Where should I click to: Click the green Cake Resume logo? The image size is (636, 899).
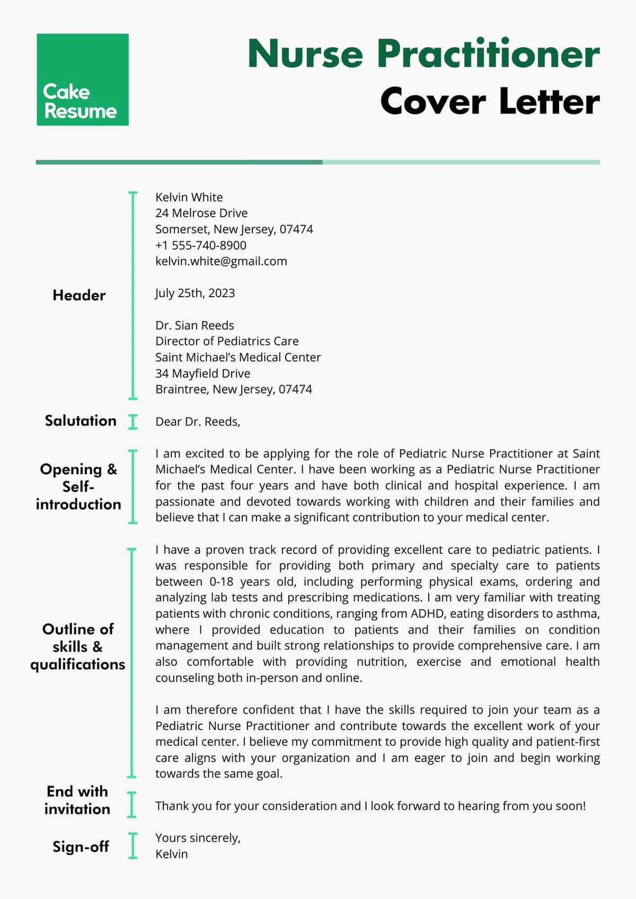pos(83,79)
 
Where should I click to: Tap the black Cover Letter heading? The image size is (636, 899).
pos(490,102)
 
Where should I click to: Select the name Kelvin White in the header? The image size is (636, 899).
pos(189,197)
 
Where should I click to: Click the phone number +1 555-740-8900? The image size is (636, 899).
pos(200,245)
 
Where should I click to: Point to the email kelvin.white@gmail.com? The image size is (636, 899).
pos(221,261)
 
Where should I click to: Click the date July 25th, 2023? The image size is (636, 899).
pos(195,293)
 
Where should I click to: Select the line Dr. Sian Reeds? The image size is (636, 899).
pos(195,325)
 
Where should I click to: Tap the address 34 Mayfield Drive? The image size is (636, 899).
pos(202,373)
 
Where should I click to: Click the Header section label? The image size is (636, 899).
pos(79,295)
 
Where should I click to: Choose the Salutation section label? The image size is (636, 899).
pos(81,421)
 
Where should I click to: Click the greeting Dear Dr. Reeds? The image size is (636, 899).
pos(198,422)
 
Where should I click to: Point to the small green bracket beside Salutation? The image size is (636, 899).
pos(133,422)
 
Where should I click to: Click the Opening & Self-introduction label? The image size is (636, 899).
pos(78,486)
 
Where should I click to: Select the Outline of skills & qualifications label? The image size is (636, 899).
pos(78,646)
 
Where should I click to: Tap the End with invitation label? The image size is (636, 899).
pos(77,800)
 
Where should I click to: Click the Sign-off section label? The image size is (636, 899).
pos(81,847)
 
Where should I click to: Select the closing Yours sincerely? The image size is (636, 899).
pos(198,838)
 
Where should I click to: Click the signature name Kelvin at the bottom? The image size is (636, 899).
pos(171,854)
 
